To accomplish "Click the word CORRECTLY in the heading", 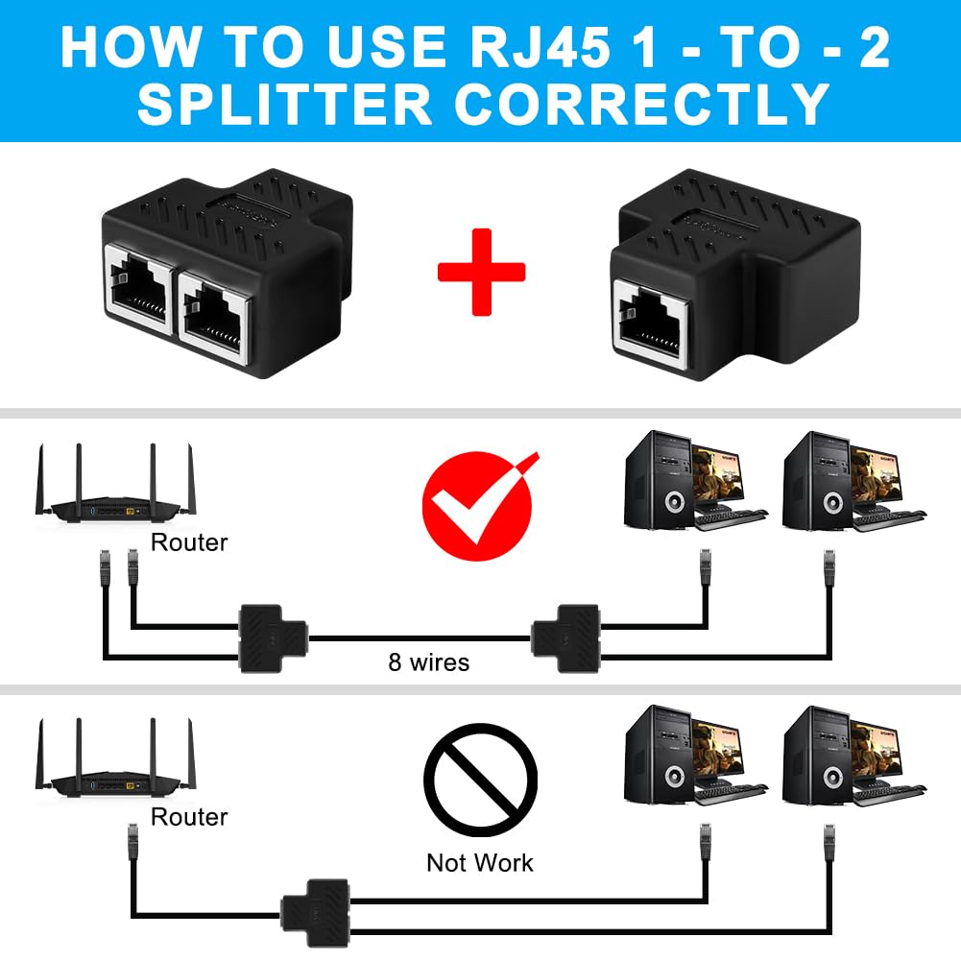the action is click(x=641, y=105).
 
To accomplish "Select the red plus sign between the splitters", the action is click(x=481, y=272).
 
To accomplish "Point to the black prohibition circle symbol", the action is click(x=480, y=779).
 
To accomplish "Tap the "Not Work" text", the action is click(x=480, y=863).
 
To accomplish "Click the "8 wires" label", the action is click(x=429, y=662).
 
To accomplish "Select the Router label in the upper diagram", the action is click(x=189, y=542).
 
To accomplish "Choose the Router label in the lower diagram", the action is click(x=189, y=817).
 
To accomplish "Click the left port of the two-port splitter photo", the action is click(x=139, y=290).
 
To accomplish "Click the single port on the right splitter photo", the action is click(x=650, y=324).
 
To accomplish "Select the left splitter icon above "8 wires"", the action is click(x=273, y=638).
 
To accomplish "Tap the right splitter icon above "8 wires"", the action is click(x=565, y=638).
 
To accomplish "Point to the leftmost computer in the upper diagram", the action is click(x=695, y=481).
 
